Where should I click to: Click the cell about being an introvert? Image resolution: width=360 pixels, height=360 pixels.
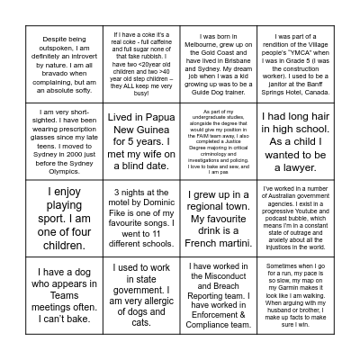65,66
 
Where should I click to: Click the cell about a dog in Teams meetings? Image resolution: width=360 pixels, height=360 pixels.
65,295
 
